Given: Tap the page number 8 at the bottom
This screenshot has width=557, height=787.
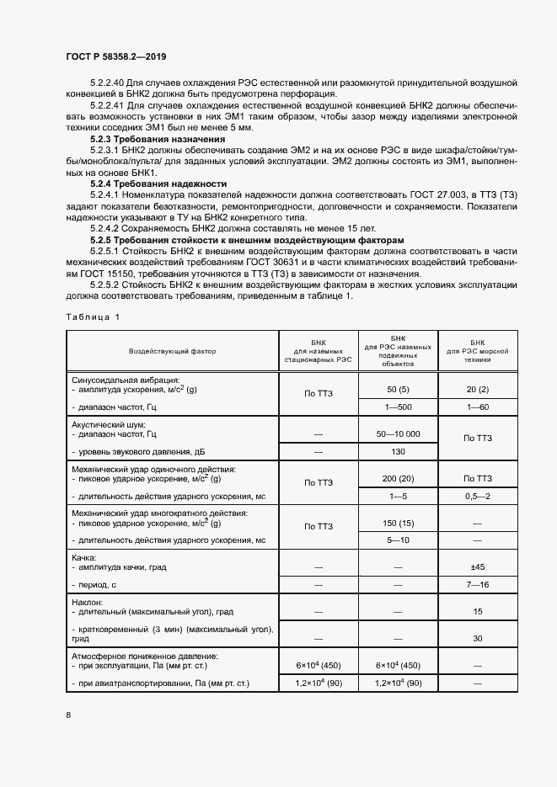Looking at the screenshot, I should pyautogui.click(x=69, y=715).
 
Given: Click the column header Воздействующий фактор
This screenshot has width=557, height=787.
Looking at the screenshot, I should pyautogui.click(x=173, y=351).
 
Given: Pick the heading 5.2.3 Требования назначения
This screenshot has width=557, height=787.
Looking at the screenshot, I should pyautogui.click(x=158, y=139).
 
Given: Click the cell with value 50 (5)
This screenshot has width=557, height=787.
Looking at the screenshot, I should pyautogui.click(x=397, y=390).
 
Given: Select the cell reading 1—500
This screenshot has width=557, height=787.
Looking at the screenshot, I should pyautogui.click(x=397, y=407).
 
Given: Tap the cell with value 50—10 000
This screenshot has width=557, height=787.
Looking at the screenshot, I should pyautogui.click(x=397, y=433).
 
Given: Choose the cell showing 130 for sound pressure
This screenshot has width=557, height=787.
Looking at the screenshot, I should pyautogui.click(x=397, y=451).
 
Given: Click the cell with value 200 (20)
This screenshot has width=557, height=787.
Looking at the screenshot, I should pyautogui.click(x=397, y=478).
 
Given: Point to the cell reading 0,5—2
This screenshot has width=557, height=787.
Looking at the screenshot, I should pyautogui.click(x=477, y=496).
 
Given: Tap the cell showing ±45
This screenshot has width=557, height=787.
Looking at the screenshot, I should pyautogui.click(x=477, y=566).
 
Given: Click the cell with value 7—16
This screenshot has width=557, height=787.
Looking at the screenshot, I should pyautogui.click(x=477, y=584).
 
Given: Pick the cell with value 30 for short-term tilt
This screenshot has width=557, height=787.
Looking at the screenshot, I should pyautogui.click(x=477, y=638).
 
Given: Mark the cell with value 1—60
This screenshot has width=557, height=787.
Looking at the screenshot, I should pyautogui.click(x=477, y=407).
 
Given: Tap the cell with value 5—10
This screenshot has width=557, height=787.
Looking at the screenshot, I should pyautogui.click(x=397, y=540).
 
